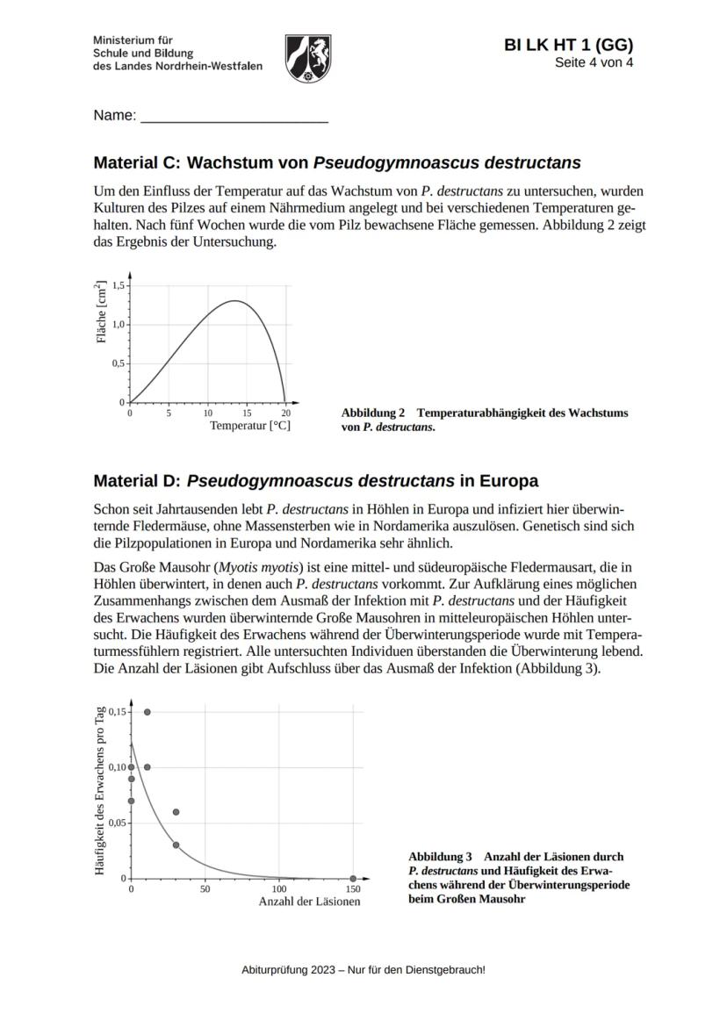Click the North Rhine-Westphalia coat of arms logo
pyautogui.click(x=308, y=59)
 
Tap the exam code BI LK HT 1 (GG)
pyautogui.click(x=568, y=46)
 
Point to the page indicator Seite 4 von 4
pyautogui.click(x=594, y=63)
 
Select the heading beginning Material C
pyautogui.click(x=337, y=162)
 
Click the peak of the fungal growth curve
pyautogui.click(x=234, y=301)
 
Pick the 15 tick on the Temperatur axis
pyautogui.click(x=247, y=413)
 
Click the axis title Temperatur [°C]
pyautogui.click(x=250, y=426)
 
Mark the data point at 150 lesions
pyautogui.click(x=353, y=878)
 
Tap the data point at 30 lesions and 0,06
pyautogui.click(x=176, y=812)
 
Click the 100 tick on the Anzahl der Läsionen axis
pyautogui.click(x=279, y=889)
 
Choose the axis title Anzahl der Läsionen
pyautogui.click(x=309, y=902)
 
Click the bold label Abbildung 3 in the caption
pyautogui.click(x=441, y=856)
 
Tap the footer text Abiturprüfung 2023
pyautogui.click(x=363, y=970)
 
